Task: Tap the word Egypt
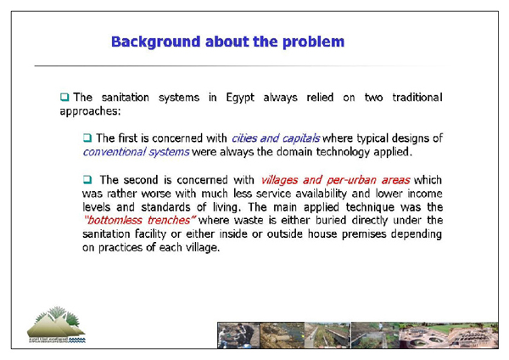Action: pos(249,97)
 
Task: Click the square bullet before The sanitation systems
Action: pos(64,97)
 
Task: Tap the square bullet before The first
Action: pos(87,138)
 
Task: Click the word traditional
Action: pos(413,97)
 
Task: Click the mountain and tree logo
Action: pos(51,325)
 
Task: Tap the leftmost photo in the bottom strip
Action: pos(238,335)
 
